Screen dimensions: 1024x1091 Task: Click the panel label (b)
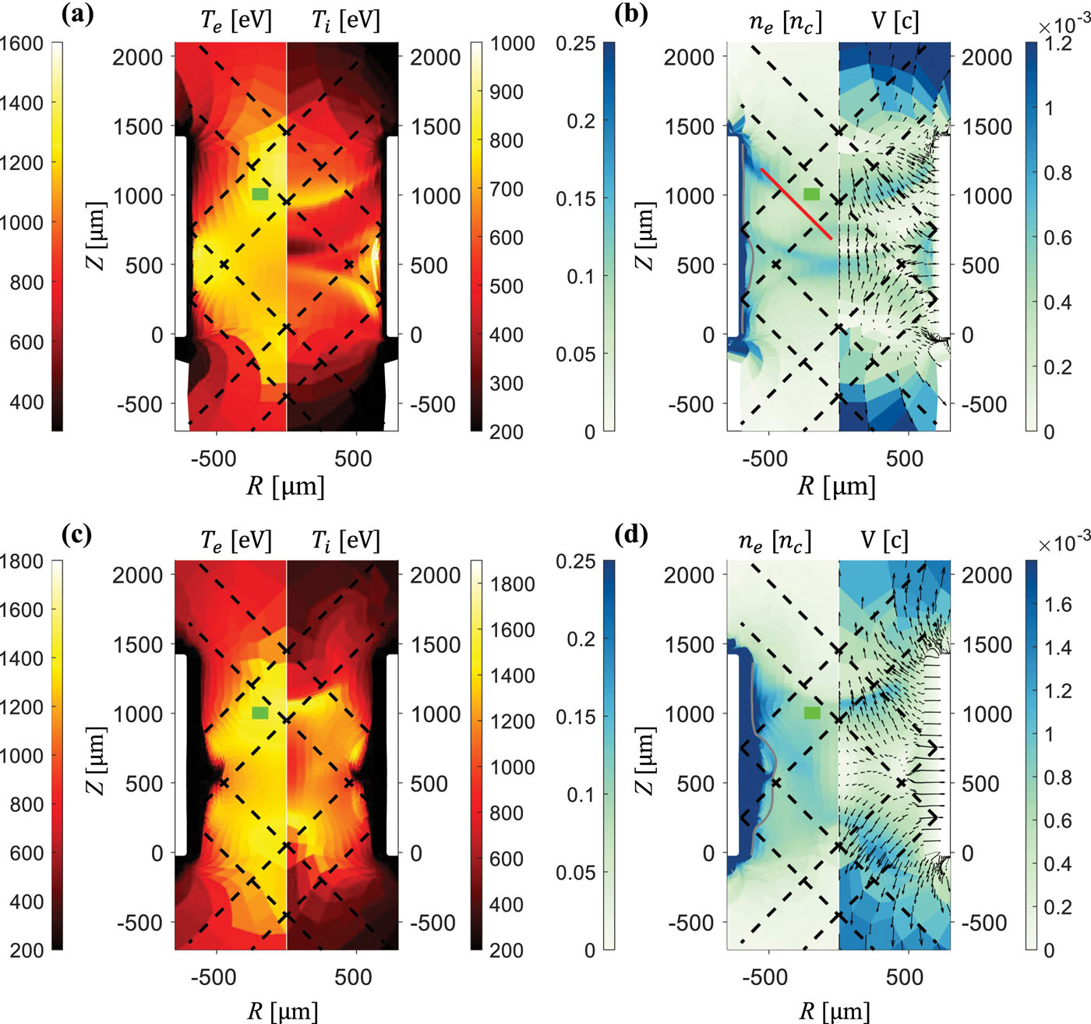coord(630,14)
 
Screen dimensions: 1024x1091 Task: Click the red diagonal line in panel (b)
coord(796,204)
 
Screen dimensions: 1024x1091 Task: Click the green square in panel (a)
coord(260,193)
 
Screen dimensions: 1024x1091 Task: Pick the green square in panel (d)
coord(812,712)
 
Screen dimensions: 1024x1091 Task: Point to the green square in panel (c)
coord(260,713)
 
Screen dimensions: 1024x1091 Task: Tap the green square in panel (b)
coord(812,193)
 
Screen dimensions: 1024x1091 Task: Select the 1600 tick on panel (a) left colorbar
coord(21,44)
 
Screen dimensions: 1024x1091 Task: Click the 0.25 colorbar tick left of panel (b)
coord(575,44)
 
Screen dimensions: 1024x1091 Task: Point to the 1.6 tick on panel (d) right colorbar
coord(1057,604)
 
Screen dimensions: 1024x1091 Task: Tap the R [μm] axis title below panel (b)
coord(836,486)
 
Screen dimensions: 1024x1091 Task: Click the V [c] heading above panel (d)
coord(884,540)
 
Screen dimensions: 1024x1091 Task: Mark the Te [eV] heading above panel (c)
coord(235,540)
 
